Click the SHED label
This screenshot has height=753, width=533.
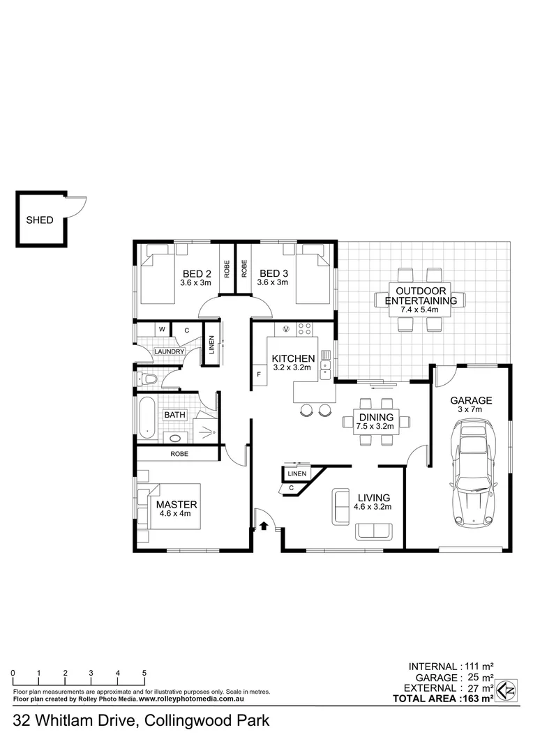coord(40,220)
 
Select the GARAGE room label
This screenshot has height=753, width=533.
coord(471,400)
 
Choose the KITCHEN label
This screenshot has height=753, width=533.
coord(293,358)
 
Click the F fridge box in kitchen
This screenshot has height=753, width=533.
coord(259,374)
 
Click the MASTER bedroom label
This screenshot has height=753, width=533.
coord(177,504)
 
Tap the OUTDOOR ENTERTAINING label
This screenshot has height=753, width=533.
coord(421,296)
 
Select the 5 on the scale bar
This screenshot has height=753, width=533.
coord(144,673)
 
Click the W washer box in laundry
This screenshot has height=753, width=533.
coord(162,329)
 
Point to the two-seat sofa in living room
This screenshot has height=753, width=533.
coord(375,531)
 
